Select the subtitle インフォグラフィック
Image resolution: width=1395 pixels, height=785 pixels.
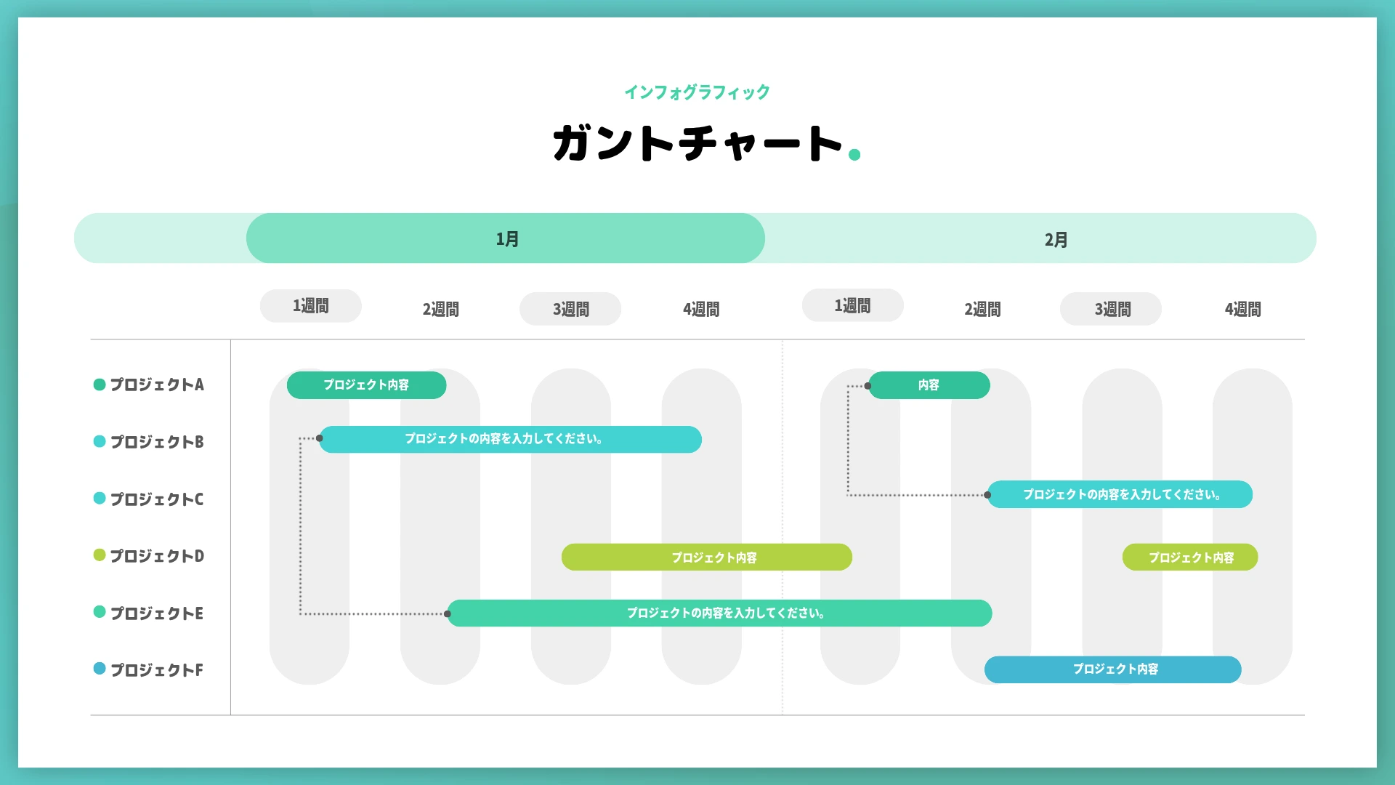[697, 92]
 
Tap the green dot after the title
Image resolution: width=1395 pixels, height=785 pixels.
[854, 154]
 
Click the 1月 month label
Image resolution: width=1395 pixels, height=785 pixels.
[507, 239]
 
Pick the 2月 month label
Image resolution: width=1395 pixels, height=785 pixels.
[1056, 240]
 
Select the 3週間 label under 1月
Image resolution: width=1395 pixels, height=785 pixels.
[570, 309]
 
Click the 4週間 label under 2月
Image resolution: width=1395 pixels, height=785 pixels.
[1242, 309]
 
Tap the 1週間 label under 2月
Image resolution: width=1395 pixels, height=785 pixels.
[852, 306]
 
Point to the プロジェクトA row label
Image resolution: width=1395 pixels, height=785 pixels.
[157, 385]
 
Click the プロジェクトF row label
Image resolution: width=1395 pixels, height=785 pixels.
[157, 669]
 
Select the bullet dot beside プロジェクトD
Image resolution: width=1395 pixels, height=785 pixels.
[100, 555]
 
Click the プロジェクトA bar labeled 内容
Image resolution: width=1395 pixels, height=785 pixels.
[929, 385]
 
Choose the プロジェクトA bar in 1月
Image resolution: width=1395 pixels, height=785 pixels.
[366, 385]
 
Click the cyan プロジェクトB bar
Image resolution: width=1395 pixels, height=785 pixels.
[510, 439]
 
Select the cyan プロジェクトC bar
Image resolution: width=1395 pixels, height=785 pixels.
[1120, 494]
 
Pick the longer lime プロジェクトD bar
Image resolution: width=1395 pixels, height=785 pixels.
[706, 557]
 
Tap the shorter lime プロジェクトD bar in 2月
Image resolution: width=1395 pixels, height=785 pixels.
[1190, 557]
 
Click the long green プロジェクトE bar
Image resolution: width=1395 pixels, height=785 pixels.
[719, 613]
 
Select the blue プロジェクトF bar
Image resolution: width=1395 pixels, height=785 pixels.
[1112, 669]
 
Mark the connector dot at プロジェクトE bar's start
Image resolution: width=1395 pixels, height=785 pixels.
[448, 614]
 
